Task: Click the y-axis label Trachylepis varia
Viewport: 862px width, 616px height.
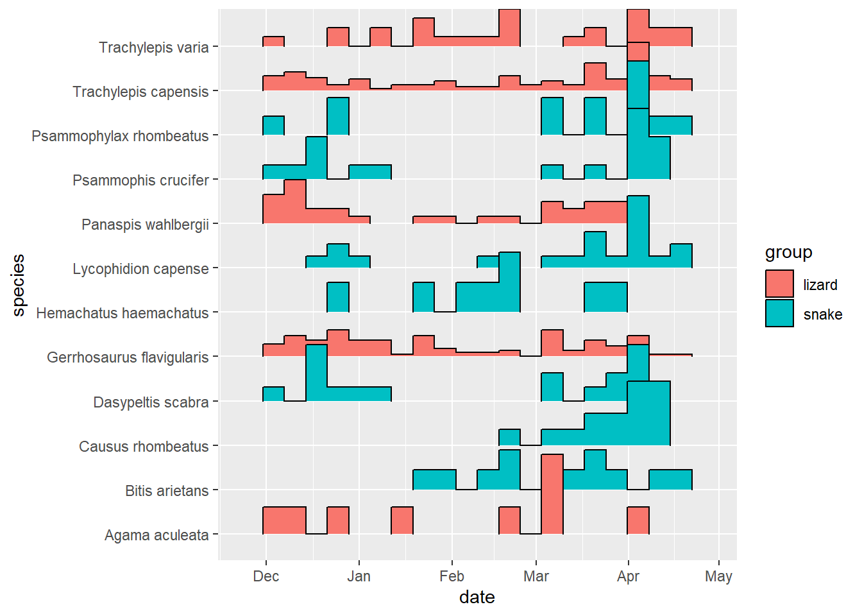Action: (153, 47)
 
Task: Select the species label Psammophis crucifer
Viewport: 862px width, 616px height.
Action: (140, 180)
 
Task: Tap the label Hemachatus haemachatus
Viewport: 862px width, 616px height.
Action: (122, 313)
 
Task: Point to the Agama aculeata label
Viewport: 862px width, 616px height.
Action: (156, 535)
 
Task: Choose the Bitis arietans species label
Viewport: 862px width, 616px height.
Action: (167, 491)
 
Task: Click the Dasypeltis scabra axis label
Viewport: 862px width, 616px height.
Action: (151, 402)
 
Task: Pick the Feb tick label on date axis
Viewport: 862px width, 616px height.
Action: (452, 576)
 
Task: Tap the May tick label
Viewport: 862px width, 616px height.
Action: (718, 576)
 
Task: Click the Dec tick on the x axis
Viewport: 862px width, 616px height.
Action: (266, 576)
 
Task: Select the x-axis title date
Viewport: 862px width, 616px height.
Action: (477, 597)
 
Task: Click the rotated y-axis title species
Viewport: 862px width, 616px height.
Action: (19, 285)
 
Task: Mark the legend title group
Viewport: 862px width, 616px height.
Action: (788, 252)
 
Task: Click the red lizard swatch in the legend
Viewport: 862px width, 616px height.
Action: (779, 284)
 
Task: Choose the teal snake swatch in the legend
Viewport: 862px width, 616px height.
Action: (779, 314)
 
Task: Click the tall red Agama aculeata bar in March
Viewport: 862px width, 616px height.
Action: (552, 494)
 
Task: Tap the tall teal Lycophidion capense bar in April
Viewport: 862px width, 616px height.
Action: (638, 231)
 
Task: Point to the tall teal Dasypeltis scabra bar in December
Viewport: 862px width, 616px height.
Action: (316, 372)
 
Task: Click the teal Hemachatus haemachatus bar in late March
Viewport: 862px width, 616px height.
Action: (605, 297)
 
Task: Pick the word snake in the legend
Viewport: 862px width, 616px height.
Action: (822, 314)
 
